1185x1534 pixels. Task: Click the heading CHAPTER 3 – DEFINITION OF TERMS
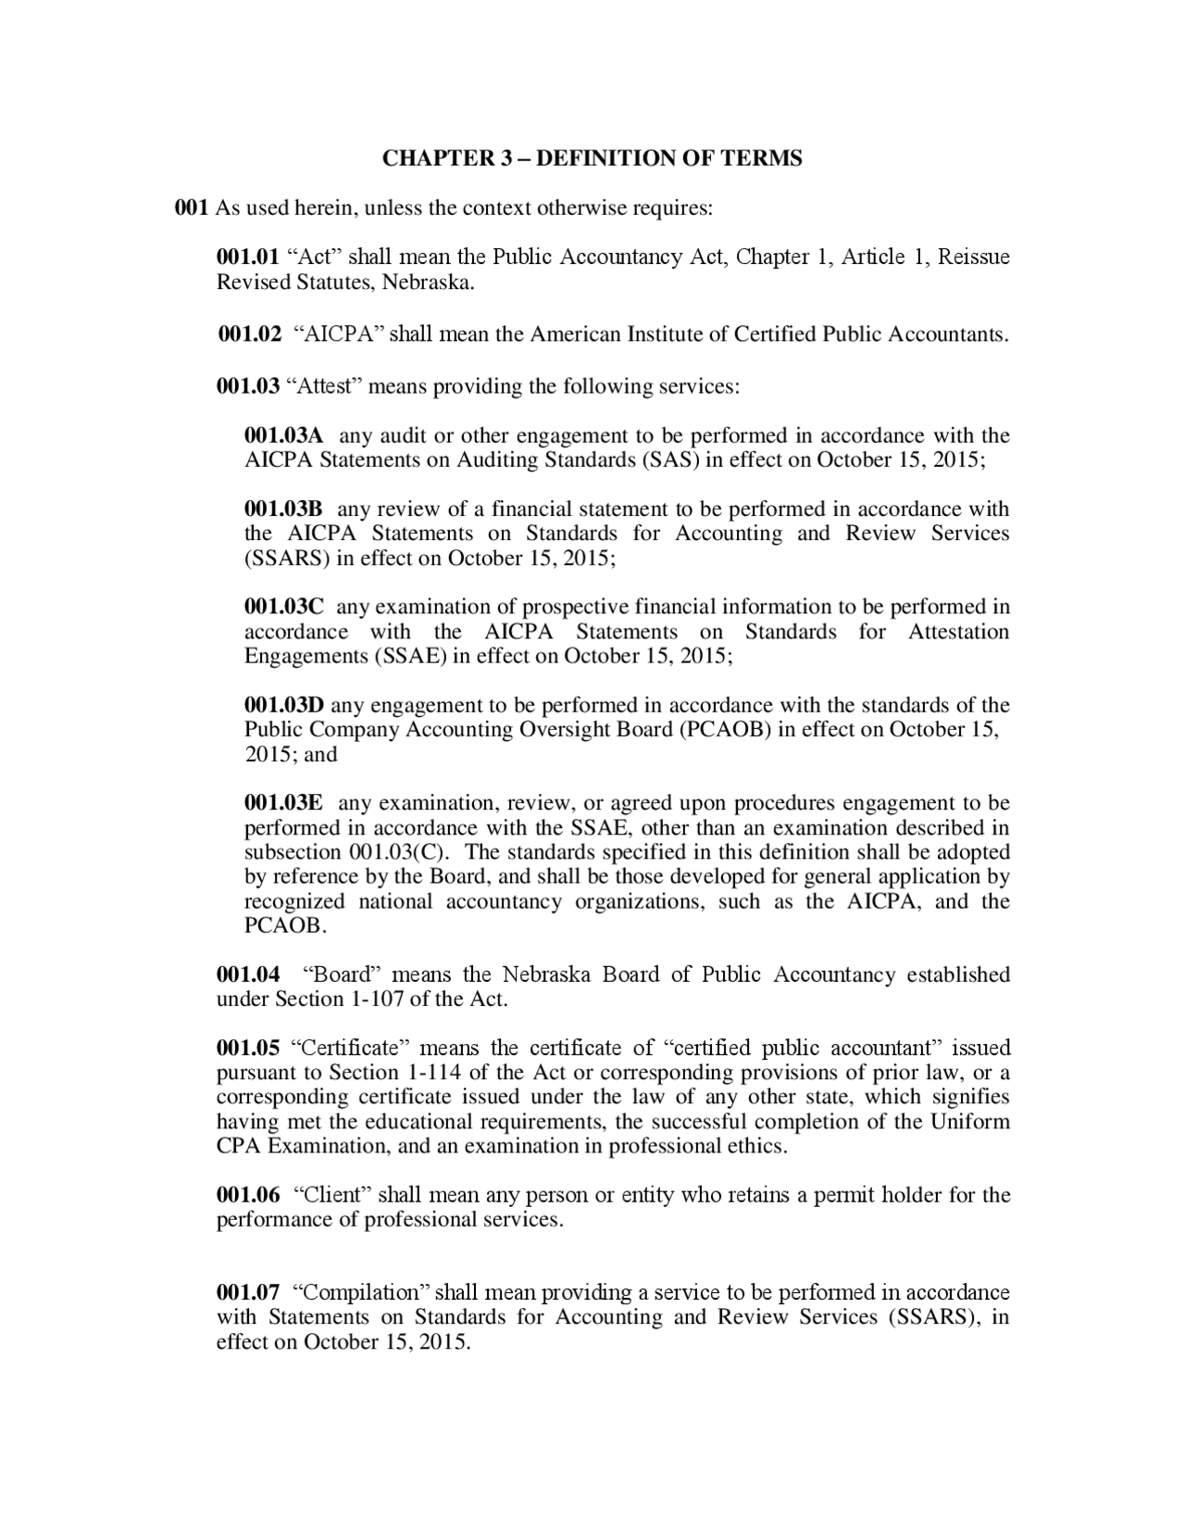pyautogui.click(x=592, y=158)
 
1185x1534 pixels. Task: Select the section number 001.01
pyautogui.click(x=248, y=257)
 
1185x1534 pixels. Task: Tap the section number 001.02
pyautogui.click(x=249, y=334)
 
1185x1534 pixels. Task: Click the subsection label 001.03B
pyautogui.click(x=283, y=509)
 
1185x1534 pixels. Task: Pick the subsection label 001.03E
pyautogui.click(x=283, y=803)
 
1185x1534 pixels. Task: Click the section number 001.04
pyautogui.click(x=248, y=974)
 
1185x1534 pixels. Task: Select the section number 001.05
pyautogui.click(x=248, y=1048)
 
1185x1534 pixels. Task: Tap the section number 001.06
pyautogui.click(x=248, y=1195)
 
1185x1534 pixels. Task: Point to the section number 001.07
pyautogui.click(x=248, y=1292)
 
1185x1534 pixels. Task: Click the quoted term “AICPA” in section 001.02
pyautogui.click(x=339, y=334)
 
